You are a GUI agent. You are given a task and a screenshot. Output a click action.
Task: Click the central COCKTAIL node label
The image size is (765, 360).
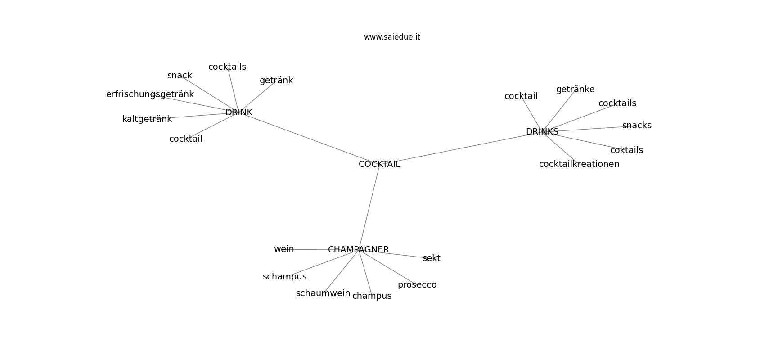(379, 164)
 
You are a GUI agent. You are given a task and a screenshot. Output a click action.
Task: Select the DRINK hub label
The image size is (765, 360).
(238, 112)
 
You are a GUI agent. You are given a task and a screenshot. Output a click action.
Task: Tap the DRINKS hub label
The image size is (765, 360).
(542, 132)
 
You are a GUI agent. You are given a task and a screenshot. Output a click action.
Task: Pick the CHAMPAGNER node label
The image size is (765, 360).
(358, 250)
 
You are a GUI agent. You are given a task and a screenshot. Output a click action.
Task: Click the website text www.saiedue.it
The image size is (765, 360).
(392, 37)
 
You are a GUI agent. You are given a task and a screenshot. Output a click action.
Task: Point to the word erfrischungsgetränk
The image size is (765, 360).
(150, 94)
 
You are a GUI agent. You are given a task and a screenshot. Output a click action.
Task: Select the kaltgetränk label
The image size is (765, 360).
(147, 119)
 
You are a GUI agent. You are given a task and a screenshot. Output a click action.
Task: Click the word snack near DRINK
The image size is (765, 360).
(180, 76)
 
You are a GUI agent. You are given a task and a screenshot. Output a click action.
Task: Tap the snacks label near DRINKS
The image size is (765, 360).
(637, 126)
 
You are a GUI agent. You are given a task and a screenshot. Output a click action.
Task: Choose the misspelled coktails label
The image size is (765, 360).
(626, 150)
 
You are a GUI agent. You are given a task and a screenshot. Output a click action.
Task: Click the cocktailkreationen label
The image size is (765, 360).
(579, 164)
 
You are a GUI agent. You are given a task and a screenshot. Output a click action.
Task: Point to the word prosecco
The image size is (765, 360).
(417, 285)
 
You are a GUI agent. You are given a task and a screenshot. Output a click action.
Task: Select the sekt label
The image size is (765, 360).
(432, 258)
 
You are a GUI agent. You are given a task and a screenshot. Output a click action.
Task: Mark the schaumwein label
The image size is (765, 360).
(323, 293)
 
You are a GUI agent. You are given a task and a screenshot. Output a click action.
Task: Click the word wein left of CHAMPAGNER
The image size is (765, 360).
(284, 249)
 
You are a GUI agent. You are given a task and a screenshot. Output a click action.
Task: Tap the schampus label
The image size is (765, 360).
(284, 277)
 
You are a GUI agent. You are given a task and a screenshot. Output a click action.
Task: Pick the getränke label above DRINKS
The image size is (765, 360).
(575, 90)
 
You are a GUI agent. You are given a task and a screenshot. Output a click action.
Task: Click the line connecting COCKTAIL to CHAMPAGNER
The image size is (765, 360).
(369, 207)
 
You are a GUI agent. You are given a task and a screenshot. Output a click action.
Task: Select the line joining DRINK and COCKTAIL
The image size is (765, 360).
(309, 138)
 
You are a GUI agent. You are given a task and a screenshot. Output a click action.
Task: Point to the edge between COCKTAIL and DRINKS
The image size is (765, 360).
(461, 148)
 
